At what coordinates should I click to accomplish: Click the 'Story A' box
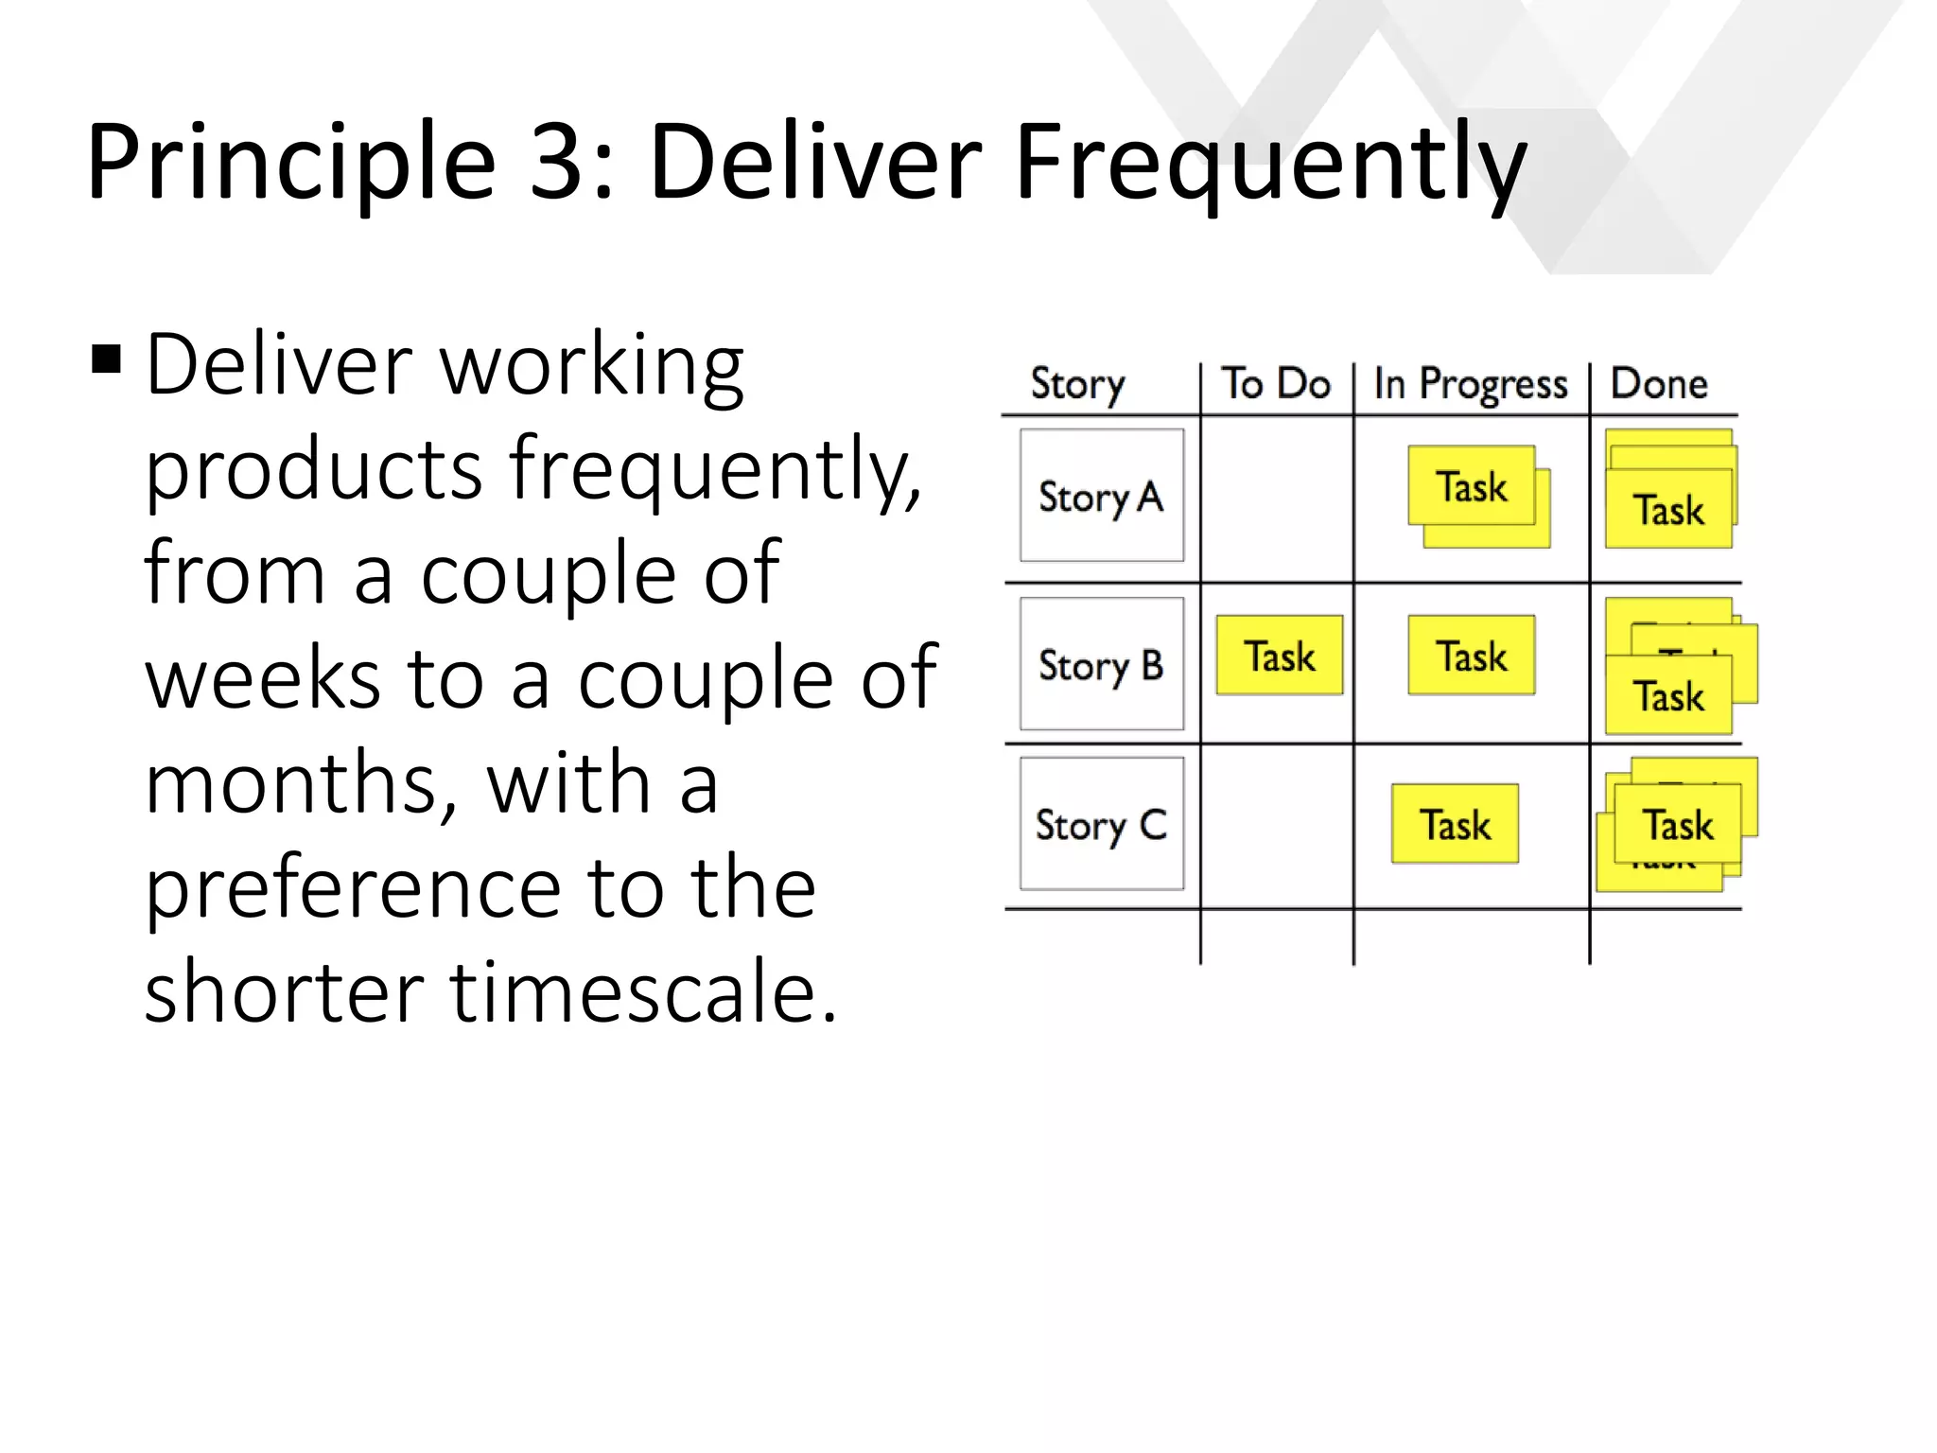pos(1102,496)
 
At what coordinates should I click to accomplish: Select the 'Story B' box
pos(1102,664)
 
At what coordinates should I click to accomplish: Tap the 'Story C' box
pos(1102,824)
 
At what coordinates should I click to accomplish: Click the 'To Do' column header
pos(1276,384)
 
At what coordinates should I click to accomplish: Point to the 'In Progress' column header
pos(1471,385)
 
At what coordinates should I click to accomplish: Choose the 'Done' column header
pos(1659,384)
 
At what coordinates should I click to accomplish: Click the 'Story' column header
pos(1077,385)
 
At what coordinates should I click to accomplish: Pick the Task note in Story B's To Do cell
pos(1279,656)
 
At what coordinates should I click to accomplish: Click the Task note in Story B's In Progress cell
pos(1471,656)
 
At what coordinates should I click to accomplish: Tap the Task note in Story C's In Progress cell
pos(1455,824)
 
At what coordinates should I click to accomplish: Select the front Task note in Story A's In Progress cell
pos(1471,486)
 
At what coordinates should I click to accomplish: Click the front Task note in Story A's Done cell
pos(1668,510)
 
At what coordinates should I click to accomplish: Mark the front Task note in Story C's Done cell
pos(1677,824)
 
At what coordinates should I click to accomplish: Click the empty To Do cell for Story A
pos(1277,499)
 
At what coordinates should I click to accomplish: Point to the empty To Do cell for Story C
pos(1277,826)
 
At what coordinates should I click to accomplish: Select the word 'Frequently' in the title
pos(1270,164)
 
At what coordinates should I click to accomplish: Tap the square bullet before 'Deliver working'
pos(107,360)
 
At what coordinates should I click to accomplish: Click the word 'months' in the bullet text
pos(301,783)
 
